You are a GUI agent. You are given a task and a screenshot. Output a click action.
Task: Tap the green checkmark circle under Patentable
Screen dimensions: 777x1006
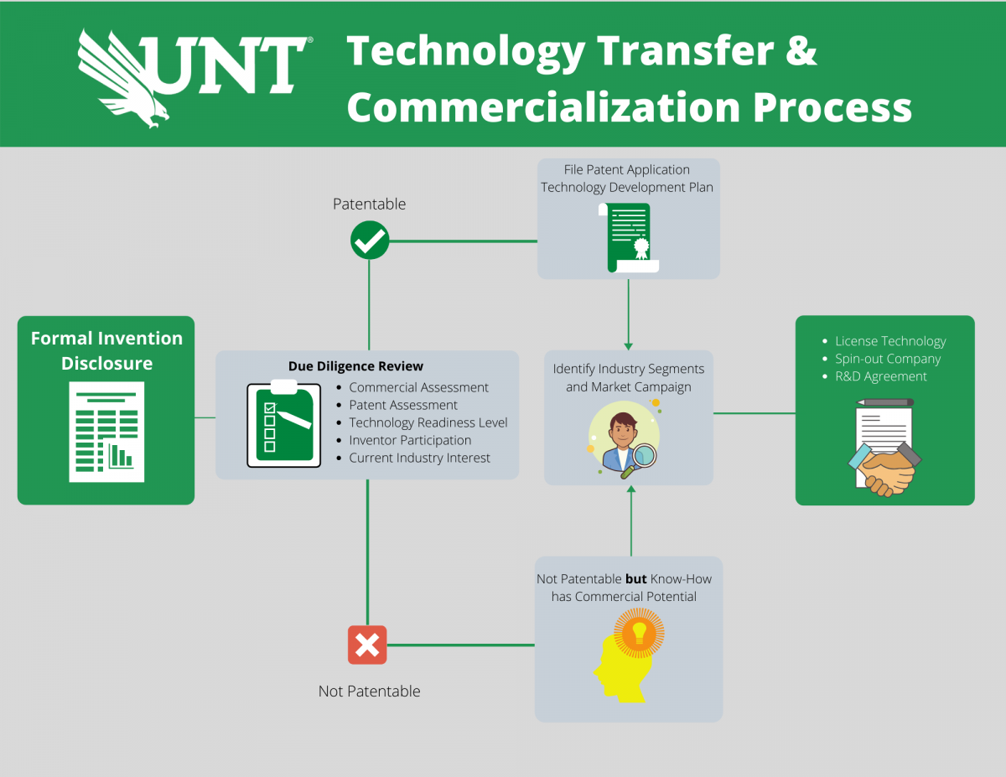tap(369, 241)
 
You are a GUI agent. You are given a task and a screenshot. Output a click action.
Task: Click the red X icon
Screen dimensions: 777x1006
tap(367, 645)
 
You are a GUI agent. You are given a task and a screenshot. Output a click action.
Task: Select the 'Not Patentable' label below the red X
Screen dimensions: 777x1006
tap(369, 691)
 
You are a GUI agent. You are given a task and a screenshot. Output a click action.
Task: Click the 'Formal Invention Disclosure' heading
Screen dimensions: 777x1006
tap(106, 350)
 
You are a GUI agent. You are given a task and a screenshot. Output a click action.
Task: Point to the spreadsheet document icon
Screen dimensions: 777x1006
tap(106, 432)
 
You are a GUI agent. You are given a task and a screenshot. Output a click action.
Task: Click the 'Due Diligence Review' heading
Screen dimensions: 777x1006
tap(355, 365)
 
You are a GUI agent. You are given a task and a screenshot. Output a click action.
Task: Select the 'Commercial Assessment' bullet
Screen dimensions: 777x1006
tap(418, 387)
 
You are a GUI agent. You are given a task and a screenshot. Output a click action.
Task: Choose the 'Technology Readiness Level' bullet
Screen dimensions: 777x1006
tap(428, 422)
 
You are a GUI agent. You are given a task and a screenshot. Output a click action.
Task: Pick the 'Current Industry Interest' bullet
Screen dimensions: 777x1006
tap(419, 458)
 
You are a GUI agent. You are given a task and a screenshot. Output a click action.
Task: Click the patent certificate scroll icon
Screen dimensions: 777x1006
tap(629, 237)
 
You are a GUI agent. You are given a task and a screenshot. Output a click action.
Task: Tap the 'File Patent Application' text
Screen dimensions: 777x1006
tap(627, 169)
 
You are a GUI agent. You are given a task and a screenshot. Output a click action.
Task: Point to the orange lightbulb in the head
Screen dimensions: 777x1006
tap(639, 631)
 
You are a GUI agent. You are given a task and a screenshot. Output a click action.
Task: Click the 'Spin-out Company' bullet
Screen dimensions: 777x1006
tap(887, 359)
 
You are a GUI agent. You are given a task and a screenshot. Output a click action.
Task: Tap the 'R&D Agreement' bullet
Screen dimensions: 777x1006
tap(880, 376)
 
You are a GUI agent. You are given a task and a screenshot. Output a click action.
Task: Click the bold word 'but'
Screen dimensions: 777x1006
tap(636, 578)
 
